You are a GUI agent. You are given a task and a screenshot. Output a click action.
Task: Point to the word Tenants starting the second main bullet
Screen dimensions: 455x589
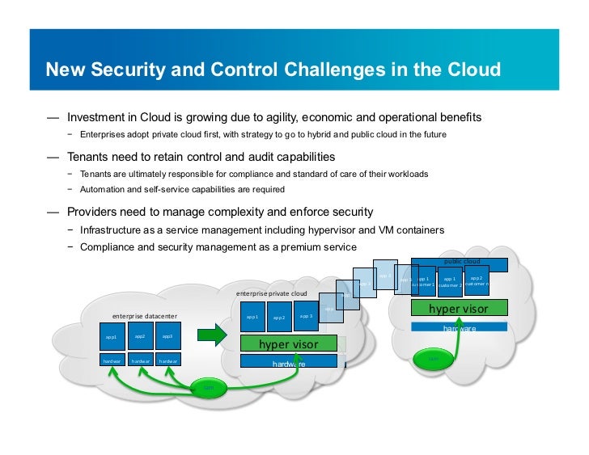(x=91, y=156)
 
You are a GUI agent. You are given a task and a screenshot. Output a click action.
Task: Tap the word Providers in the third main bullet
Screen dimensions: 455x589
(x=96, y=212)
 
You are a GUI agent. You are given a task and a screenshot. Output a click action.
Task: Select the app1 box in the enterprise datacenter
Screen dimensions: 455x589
(x=111, y=337)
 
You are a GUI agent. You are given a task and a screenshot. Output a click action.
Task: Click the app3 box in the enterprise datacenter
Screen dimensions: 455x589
(x=167, y=336)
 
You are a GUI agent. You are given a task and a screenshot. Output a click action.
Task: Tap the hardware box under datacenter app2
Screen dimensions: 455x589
(x=140, y=360)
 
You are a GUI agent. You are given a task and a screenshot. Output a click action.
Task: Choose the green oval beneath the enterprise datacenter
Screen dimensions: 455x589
(x=209, y=388)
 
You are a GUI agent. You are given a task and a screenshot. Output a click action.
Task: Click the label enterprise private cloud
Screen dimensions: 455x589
(x=272, y=293)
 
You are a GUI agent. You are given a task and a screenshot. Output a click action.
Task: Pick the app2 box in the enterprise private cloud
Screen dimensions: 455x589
(x=279, y=318)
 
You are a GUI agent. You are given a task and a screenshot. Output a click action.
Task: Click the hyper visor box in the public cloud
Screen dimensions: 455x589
(x=459, y=308)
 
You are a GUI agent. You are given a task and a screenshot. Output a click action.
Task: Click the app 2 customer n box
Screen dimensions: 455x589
(x=477, y=281)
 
